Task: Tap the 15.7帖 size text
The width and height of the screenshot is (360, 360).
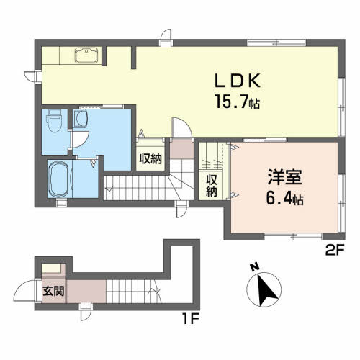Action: pyautogui.click(x=233, y=103)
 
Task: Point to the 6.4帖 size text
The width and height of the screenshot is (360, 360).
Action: pyautogui.click(x=283, y=198)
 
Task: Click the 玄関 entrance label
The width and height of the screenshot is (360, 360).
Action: pyautogui.click(x=53, y=292)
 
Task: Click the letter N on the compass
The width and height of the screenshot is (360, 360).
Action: pyautogui.click(x=253, y=269)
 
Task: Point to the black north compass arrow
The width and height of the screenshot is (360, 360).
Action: pyautogui.click(x=265, y=289)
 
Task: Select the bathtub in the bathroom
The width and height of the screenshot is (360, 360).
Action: pyautogui.click(x=59, y=177)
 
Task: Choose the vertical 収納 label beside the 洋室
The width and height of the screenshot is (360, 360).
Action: pyautogui.click(x=212, y=185)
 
